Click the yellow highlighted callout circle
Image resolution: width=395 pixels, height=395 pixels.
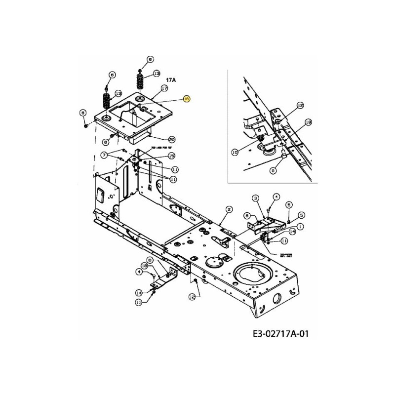pyautogui.click(x=186, y=99)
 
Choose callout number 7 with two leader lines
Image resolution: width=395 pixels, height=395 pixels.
pyautogui.click(x=104, y=155)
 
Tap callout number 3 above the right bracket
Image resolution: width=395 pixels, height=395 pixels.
pyautogui.click(x=256, y=198)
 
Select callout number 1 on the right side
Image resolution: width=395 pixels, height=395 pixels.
pyautogui.click(x=300, y=227)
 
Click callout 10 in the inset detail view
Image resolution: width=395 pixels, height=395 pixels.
pyautogui.click(x=235, y=153)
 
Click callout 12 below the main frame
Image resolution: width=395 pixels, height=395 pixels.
pyautogui.click(x=192, y=296)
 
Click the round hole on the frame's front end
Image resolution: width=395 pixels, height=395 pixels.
pyautogui.click(x=276, y=297)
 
